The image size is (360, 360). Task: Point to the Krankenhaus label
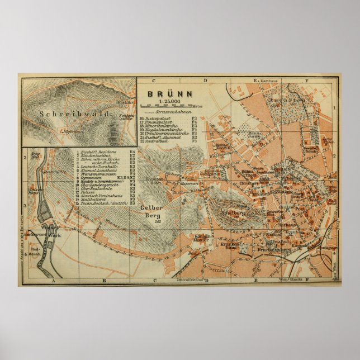tap(231, 245)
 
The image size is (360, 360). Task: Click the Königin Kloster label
tap(202, 238)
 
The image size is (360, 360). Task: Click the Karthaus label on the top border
tap(269, 81)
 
